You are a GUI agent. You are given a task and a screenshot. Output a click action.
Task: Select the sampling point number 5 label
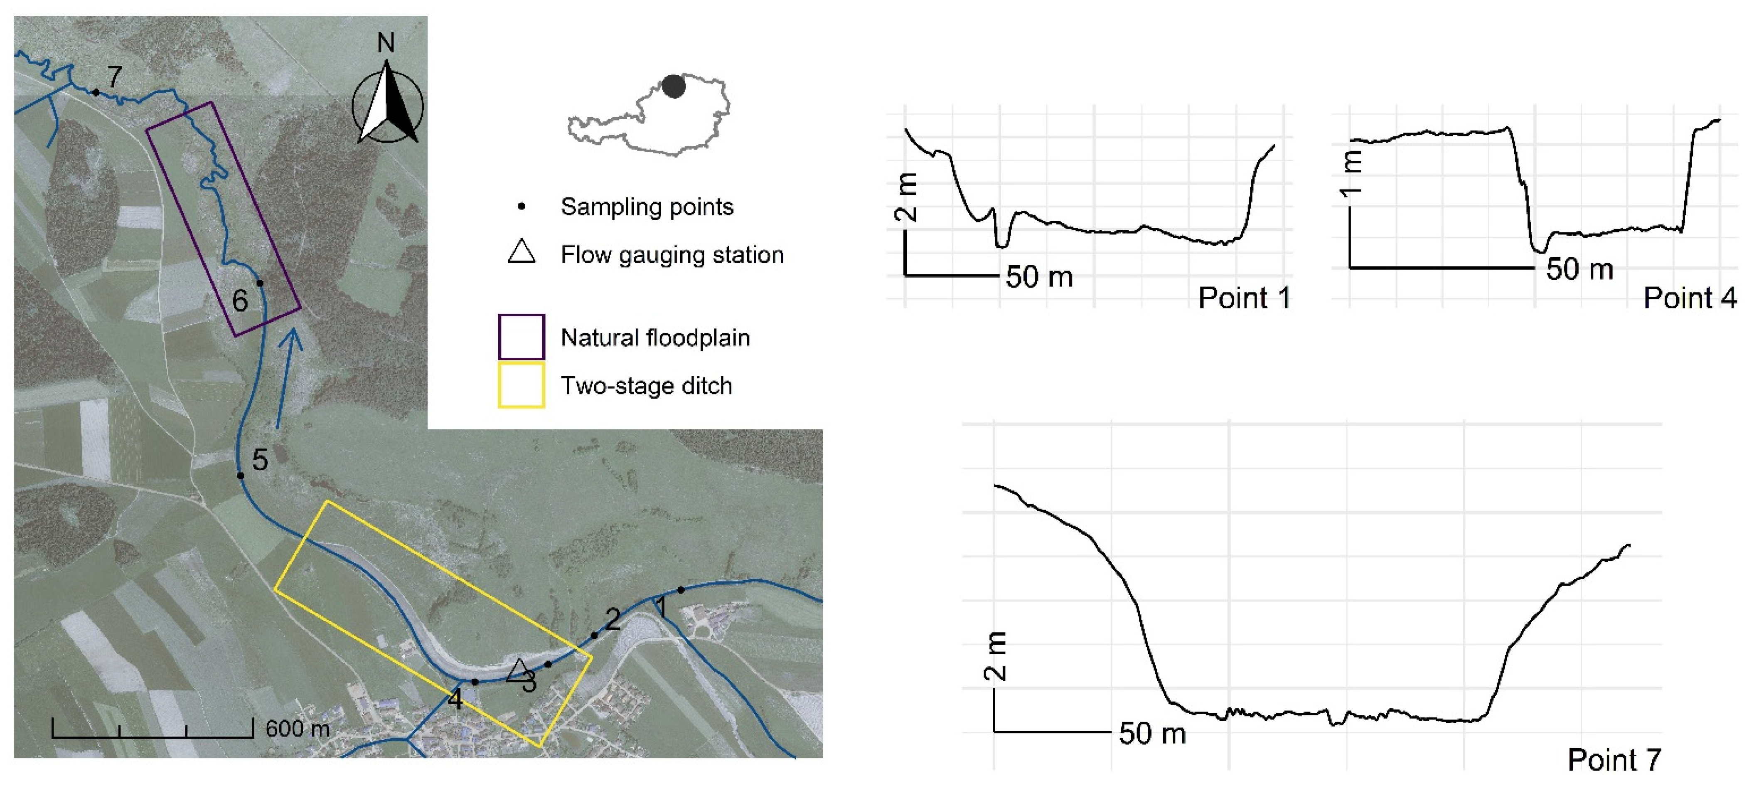(259, 460)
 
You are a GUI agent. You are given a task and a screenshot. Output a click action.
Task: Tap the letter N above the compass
(386, 43)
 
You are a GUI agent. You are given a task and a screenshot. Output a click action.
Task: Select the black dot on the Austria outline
(673, 86)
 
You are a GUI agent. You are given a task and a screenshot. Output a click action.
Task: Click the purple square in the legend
(521, 337)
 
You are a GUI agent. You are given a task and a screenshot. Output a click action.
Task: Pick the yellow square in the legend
(521, 385)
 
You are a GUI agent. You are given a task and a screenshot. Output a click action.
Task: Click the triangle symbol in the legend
(522, 252)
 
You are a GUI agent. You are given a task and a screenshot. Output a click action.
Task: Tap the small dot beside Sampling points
(522, 206)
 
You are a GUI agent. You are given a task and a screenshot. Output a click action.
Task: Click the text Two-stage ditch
(646, 386)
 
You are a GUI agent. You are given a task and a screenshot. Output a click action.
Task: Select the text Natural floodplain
(655, 338)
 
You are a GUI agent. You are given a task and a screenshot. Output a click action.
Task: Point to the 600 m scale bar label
(297, 729)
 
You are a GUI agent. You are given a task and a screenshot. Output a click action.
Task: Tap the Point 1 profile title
(1244, 298)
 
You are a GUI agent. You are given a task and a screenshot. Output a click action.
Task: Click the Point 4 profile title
(1689, 298)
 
